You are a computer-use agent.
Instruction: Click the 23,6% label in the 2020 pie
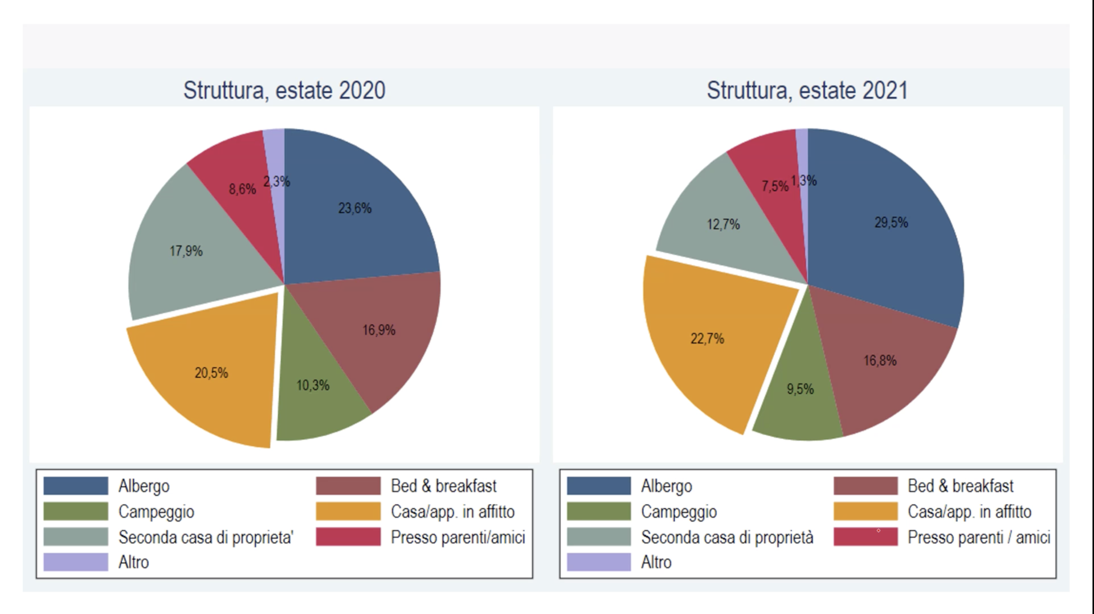pos(354,208)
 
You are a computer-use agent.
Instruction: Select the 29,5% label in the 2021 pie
pos(891,223)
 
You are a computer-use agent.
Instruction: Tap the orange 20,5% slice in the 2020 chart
pos(211,373)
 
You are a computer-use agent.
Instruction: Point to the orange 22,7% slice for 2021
pos(707,339)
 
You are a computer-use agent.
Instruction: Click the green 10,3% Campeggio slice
pos(313,386)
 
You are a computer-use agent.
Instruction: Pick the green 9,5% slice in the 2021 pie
pos(800,390)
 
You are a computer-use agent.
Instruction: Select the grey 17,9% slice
pos(186,251)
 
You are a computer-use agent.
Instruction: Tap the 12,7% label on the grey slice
pos(723,225)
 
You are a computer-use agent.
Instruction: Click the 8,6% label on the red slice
pos(242,189)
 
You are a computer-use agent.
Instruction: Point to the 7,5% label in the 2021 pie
pos(775,186)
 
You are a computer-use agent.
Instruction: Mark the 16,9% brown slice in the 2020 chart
pos(379,330)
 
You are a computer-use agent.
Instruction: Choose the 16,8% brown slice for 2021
pos(880,361)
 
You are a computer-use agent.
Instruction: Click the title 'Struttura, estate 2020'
pos(284,90)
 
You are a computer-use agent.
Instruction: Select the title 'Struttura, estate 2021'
pos(807,90)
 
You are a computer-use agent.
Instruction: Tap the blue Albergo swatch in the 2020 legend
pos(76,486)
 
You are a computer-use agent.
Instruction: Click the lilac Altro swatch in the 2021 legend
pos(599,562)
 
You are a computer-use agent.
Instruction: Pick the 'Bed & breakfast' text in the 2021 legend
pos(960,486)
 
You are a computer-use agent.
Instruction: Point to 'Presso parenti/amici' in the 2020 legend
pos(458,537)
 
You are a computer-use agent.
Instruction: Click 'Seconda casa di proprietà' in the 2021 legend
pos(727,537)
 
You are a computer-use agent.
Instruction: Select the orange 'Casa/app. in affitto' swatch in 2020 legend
pos(348,511)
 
